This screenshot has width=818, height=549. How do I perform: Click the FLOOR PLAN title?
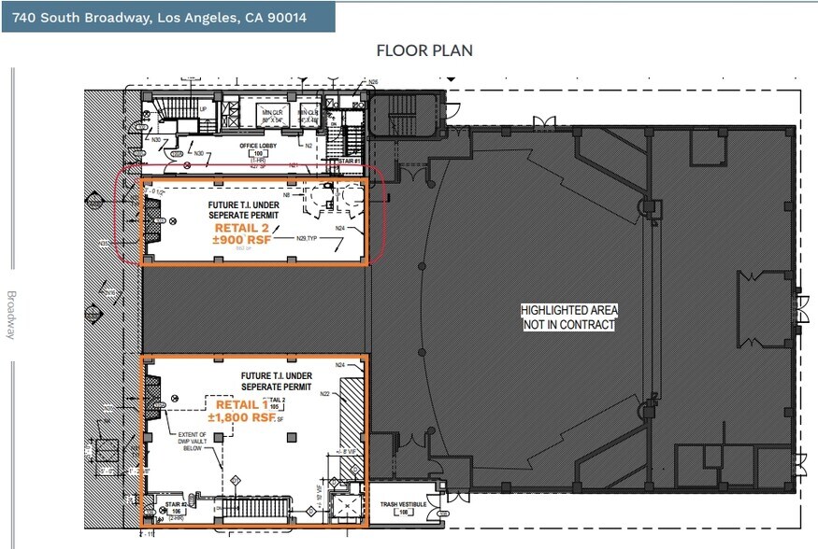423,50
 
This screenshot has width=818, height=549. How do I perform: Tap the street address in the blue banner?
159,17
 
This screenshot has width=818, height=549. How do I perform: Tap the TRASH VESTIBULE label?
403,505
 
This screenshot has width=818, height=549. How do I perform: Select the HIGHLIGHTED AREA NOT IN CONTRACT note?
568,317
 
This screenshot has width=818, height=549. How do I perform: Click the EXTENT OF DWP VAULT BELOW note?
194,441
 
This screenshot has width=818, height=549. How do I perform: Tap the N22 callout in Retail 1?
325,394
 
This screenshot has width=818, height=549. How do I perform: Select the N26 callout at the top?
372,82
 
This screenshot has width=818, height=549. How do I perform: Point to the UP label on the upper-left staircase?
203,109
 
